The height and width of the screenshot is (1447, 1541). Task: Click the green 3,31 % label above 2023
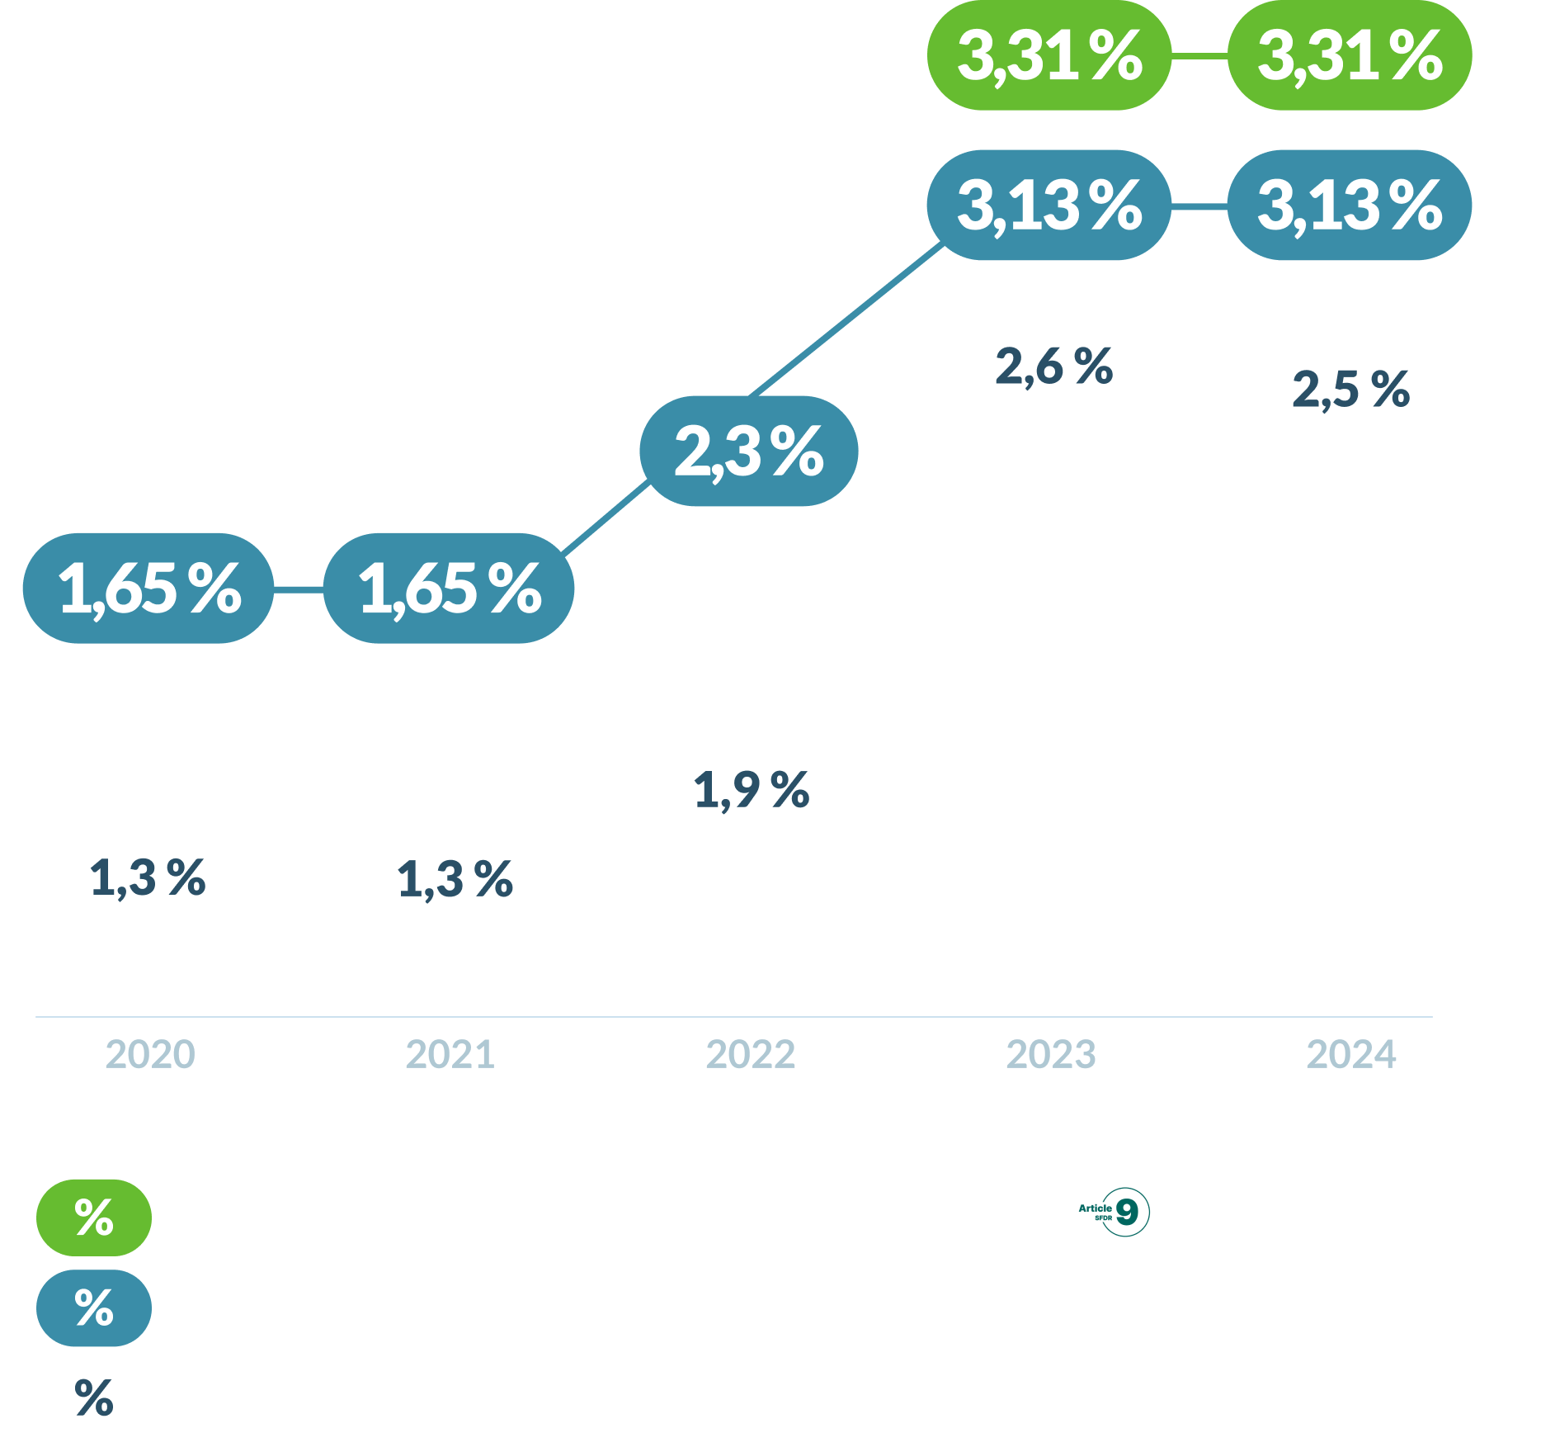pos(1049,55)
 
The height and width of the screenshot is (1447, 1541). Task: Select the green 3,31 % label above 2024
pos(1350,55)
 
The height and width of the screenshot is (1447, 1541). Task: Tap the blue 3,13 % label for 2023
pos(1049,205)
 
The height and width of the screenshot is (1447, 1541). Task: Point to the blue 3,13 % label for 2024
pos(1350,205)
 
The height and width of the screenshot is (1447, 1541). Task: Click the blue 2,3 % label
pos(749,451)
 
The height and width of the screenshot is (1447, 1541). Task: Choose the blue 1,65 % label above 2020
pos(148,588)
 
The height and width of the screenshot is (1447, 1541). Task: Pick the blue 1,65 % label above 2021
pos(449,588)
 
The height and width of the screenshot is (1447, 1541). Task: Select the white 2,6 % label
pos(1053,366)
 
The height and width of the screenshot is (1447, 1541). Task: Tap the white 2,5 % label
pos(1350,389)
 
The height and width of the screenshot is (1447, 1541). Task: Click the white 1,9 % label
pos(751,789)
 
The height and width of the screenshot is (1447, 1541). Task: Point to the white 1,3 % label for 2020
pos(147,877)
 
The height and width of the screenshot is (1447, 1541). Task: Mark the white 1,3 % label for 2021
pos(454,879)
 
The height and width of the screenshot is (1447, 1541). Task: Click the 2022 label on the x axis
pos(751,1054)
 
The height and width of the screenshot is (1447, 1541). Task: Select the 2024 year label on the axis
pos(1351,1054)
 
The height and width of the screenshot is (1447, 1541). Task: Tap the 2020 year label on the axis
pos(150,1054)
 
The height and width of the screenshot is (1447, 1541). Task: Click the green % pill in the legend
pos(94,1218)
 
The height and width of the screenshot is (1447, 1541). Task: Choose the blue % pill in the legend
pos(94,1308)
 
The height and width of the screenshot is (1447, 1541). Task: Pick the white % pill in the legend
pos(94,1398)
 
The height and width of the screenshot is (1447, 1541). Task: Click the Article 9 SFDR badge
pos(1111,1212)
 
